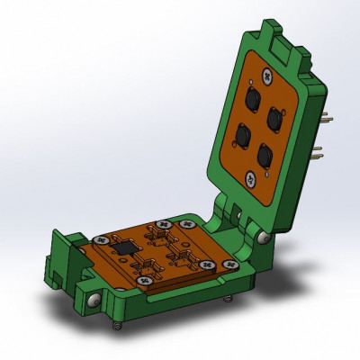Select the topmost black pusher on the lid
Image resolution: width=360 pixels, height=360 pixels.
pos(253,97)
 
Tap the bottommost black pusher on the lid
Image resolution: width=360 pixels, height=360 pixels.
pos(264,157)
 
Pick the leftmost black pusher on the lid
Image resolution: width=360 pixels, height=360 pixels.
pos(243,135)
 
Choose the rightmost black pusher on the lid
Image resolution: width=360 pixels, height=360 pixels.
pos(274,117)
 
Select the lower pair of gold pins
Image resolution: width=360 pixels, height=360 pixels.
pos(320,154)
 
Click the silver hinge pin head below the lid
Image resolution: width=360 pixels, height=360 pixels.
pos(262,237)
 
